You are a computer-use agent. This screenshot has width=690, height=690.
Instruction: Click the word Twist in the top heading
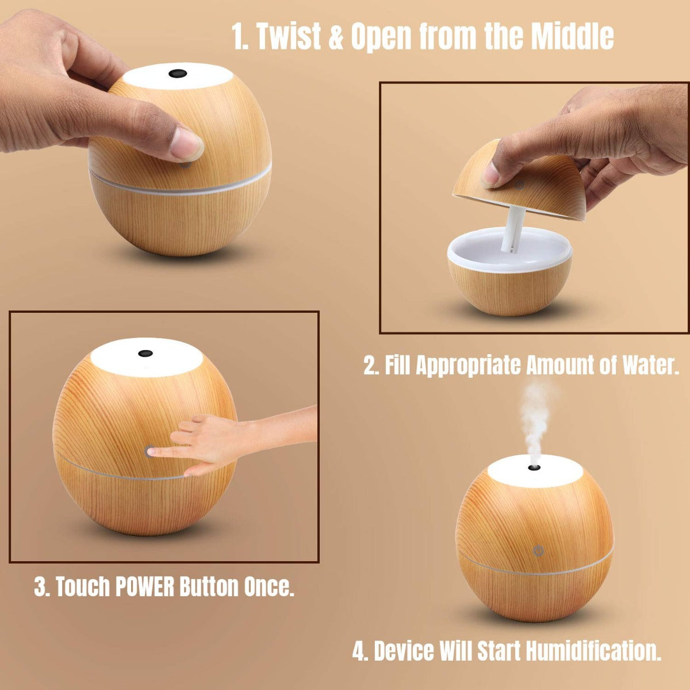287,37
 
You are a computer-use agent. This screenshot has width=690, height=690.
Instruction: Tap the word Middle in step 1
572,37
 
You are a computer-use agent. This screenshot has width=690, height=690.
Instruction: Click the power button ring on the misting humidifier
538,551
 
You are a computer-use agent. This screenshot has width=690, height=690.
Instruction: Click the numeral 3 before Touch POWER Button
40,587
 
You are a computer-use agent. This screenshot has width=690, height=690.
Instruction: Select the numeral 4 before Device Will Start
359,651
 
